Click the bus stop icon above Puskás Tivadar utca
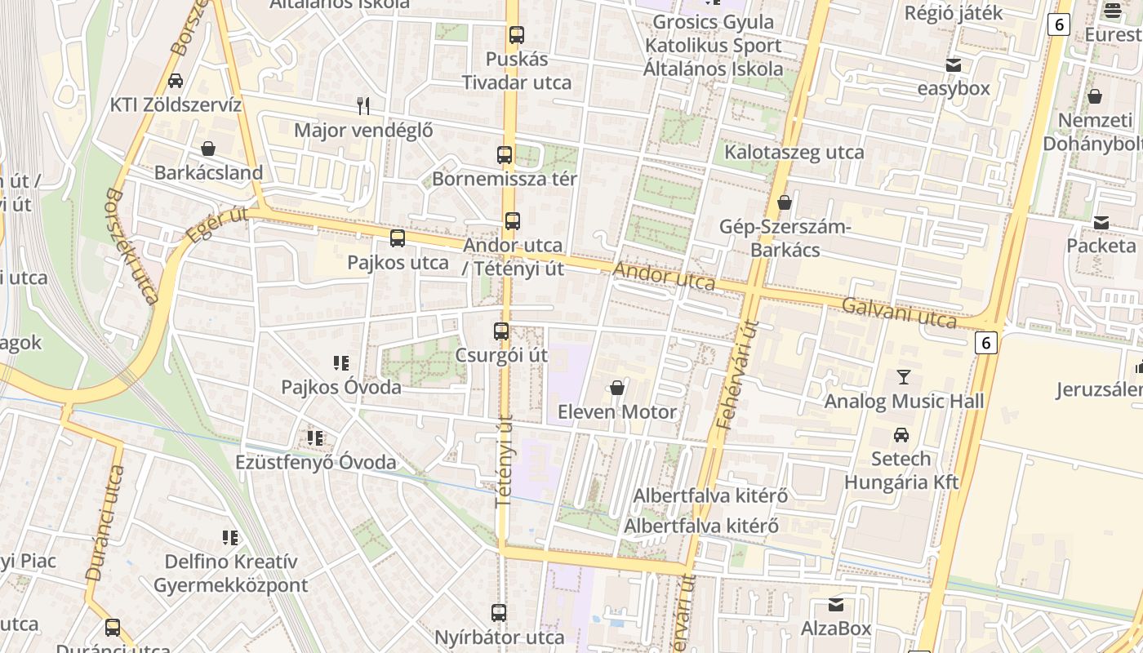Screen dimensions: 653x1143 [516, 35]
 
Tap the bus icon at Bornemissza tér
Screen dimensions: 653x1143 [505, 155]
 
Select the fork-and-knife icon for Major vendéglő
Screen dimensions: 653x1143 [363, 105]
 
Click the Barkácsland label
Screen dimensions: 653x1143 [208, 173]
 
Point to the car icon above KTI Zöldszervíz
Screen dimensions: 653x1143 [176, 81]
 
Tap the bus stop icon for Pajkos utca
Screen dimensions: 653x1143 [398, 238]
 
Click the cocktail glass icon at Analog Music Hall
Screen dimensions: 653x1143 [903, 377]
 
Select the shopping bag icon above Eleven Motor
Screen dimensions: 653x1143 [617, 388]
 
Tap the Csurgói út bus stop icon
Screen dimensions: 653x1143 [500, 331]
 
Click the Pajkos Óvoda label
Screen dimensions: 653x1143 [341, 387]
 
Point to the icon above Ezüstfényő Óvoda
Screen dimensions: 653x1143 [315, 438]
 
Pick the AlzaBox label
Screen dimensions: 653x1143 [836, 629]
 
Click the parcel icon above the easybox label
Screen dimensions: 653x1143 [953, 65]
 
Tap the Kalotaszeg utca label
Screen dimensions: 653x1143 [794, 153]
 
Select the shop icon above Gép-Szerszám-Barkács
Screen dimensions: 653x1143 [785, 202]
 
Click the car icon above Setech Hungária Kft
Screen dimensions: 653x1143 [901, 434]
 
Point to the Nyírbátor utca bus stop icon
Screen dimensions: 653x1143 [499, 612]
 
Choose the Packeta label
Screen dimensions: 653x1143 [1101, 246]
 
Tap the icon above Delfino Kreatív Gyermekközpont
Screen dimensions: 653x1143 [230, 537]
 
